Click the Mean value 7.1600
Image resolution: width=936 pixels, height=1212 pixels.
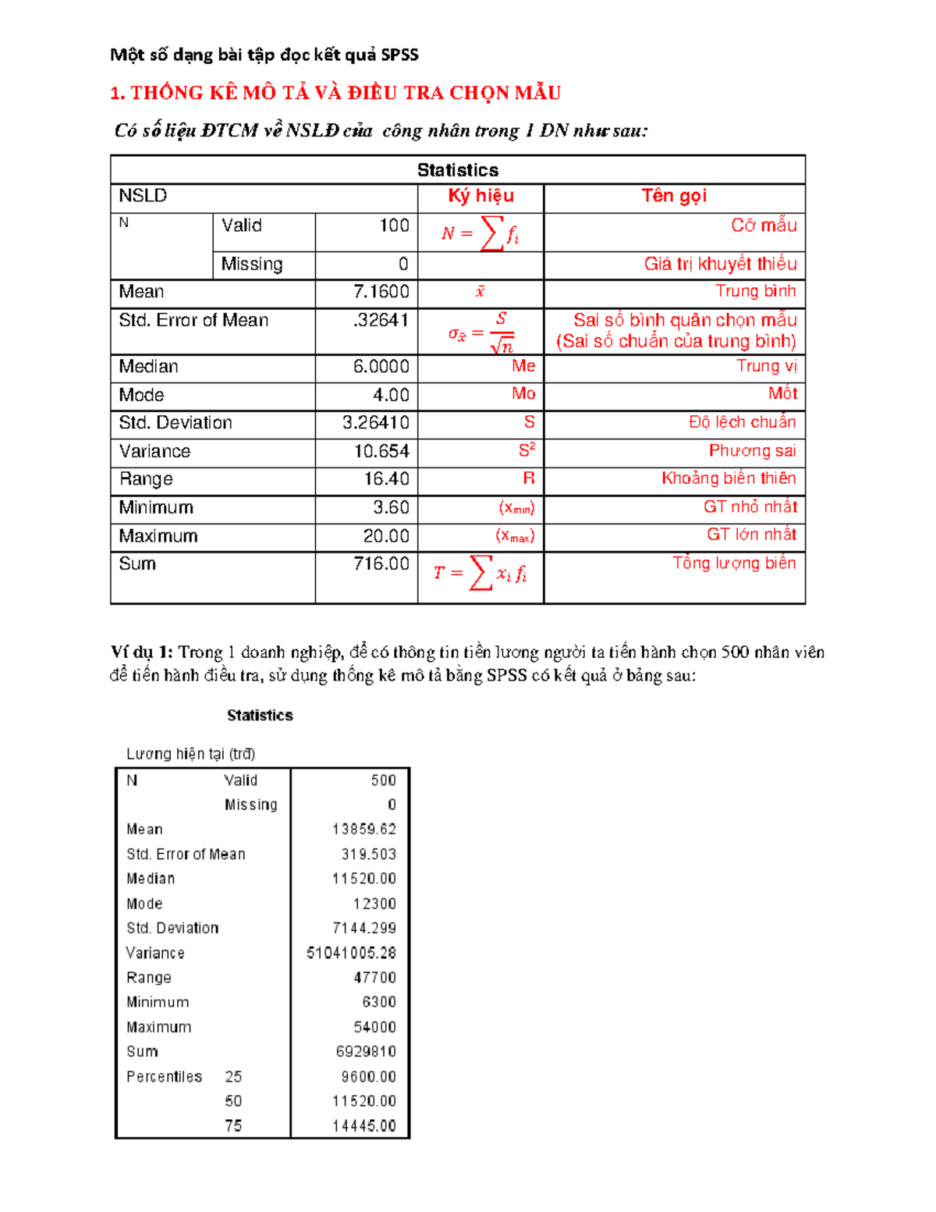pos(381,292)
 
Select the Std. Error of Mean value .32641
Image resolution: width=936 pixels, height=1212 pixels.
pos(381,320)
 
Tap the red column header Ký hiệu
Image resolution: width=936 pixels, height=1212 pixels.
pos(480,196)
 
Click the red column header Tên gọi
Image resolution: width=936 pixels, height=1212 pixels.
pos(674,196)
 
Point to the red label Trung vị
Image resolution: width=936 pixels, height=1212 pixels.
pos(766,366)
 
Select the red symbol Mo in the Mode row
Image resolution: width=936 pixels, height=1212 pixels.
pos(523,394)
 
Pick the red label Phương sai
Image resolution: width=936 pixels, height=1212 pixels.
pos(752,450)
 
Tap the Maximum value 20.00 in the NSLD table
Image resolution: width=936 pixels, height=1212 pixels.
pos(385,536)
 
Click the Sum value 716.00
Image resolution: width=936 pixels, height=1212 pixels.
pos(381,563)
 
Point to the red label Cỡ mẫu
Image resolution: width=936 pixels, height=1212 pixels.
pos(764,226)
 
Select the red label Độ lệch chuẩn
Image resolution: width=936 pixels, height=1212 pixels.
pos(742,422)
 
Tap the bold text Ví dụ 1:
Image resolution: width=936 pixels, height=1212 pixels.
pos(141,652)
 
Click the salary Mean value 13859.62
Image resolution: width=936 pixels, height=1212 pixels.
pos(363,829)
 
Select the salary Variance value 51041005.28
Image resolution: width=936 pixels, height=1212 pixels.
pos(351,953)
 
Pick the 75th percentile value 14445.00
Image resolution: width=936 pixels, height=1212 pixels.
pos(363,1126)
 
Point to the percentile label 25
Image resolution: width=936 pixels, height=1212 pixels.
pos(233,1077)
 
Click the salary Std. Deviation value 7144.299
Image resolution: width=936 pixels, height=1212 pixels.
pos(363,928)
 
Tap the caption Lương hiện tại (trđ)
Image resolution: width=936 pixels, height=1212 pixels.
pos(190,754)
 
